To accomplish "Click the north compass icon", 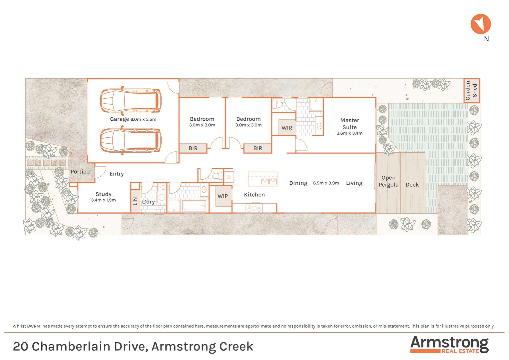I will (480, 24).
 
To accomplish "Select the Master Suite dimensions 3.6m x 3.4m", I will (349, 133).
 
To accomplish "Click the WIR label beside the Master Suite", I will (286, 128).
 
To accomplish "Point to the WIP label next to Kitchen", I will (223, 196).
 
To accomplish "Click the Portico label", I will (80, 172).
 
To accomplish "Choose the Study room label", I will (103, 194).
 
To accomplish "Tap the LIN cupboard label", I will (135, 201).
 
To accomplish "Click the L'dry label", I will (148, 202).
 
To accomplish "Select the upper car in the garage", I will (131, 101).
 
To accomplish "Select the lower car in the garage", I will (131, 141).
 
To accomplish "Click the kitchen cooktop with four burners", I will (254, 208).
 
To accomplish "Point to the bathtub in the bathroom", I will (194, 206).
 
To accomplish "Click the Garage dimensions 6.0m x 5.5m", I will (143, 119).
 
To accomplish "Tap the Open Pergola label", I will (388, 181).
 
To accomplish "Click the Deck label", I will (412, 185).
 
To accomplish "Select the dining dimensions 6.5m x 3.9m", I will (326, 183).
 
